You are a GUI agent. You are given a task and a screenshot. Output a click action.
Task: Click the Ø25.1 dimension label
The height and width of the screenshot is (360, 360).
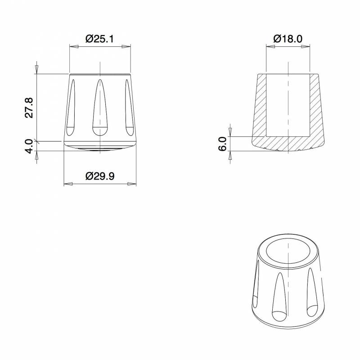click(99, 39)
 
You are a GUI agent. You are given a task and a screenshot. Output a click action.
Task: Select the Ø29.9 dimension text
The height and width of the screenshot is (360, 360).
click(99, 176)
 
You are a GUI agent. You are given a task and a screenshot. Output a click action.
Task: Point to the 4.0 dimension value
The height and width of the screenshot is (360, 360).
click(29, 146)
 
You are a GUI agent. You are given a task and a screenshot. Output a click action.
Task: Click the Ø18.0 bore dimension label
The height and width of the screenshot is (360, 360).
click(288, 39)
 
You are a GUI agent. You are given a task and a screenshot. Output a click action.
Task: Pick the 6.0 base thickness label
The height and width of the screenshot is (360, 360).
click(223, 144)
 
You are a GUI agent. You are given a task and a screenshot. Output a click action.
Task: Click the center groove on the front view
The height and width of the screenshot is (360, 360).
click(100, 108)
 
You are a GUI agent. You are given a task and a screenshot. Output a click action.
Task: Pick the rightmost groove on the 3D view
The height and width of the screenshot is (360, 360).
click(312, 292)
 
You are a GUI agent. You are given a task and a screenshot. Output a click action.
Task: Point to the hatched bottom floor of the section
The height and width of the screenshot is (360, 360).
click(288, 143)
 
